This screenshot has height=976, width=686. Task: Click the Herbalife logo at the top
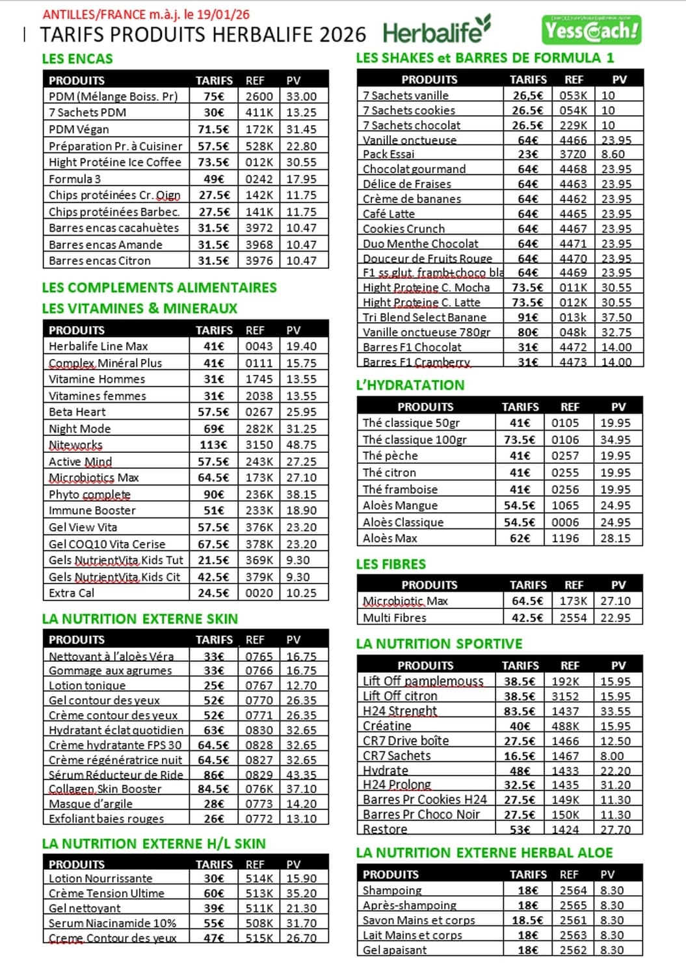(436, 31)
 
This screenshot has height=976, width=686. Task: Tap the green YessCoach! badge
(591, 30)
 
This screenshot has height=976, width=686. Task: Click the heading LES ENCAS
(77, 59)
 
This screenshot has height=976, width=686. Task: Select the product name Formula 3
(75, 179)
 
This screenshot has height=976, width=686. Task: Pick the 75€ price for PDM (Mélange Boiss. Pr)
(214, 96)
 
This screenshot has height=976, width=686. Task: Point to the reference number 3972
(259, 228)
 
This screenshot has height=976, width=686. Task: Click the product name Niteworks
(75, 445)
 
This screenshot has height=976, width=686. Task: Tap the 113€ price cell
(214, 445)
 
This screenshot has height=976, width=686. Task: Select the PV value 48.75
(301, 445)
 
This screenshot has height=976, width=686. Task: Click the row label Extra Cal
(72, 593)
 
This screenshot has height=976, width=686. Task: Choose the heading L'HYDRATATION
(410, 385)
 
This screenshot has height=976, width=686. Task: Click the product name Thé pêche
(390, 455)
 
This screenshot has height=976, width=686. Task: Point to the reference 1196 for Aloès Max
(565, 538)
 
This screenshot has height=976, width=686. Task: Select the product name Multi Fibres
(395, 617)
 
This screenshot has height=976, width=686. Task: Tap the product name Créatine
(387, 726)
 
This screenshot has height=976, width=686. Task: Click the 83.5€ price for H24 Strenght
(520, 711)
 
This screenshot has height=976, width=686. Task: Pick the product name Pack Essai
(388, 154)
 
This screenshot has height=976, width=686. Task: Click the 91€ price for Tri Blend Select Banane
(527, 318)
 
